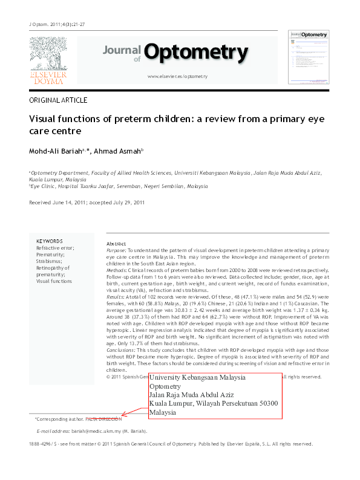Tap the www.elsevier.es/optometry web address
tap(177, 77)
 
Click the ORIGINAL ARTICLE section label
tap(58, 100)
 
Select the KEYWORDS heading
tap(49, 241)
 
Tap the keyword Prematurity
tap(52, 255)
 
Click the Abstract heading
tap(116, 243)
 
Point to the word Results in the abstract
tap(116, 297)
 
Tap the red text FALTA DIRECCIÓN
tap(103, 418)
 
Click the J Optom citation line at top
tap(57, 24)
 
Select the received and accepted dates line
tap(87, 203)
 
